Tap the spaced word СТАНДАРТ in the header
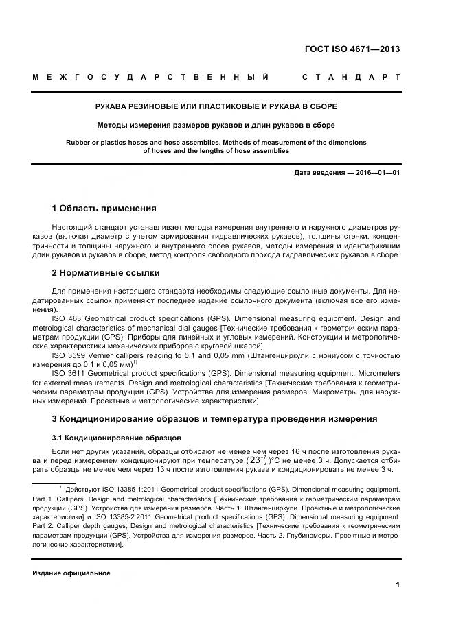click(x=351, y=77)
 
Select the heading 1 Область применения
click(x=104, y=208)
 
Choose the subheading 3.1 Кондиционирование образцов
click(x=117, y=437)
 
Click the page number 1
click(x=397, y=584)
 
